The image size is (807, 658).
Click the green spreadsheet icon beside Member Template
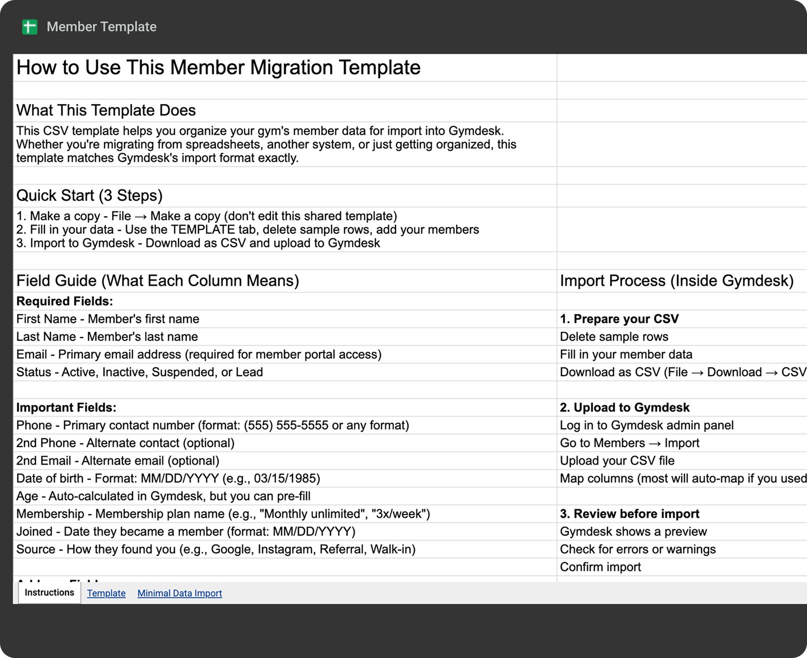pyautogui.click(x=29, y=27)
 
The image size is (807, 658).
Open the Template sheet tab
pyautogui.click(x=106, y=593)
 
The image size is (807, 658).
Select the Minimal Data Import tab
pyautogui.click(x=179, y=593)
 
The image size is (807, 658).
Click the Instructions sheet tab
pyautogui.click(x=49, y=593)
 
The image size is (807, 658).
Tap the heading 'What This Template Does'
pyautogui.click(x=106, y=110)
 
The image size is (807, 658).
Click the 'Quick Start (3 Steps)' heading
pyautogui.click(x=89, y=195)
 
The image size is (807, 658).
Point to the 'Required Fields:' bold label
pyautogui.click(x=64, y=301)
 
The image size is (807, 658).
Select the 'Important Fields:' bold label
pyautogui.click(x=66, y=408)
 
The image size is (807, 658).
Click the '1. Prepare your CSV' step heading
pyautogui.click(x=619, y=319)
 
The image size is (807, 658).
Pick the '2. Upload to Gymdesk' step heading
pyautogui.click(x=624, y=408)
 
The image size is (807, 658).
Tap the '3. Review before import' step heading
pyautogui.click(x=629, y=514)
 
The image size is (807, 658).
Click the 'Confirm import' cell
pyautogui.click(x=600, y=567)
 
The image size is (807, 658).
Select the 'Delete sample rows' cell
pyautogui.click(x=614, y=337)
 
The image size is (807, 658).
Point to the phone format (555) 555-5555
pyautogui.click(x=286, y=425)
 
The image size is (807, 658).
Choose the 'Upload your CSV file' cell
pyautogui.click(x=617, y=461)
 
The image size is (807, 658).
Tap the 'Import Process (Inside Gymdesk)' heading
pyautogui.click(x=676, y=281)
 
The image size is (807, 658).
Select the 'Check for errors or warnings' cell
pyautogui.click(x=637, y=550)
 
